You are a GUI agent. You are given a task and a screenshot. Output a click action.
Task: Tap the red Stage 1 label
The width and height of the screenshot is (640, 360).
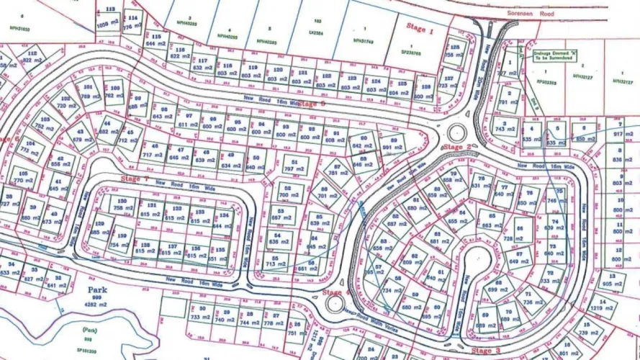pyautogui.click(x=421, y=31)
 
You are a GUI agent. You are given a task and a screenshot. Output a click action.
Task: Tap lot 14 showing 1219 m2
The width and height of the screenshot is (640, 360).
pyautogui.click(x=601, y=307)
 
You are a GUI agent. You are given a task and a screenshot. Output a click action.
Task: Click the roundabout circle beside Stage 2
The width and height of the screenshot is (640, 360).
pyautogui.click(x=456, y=133)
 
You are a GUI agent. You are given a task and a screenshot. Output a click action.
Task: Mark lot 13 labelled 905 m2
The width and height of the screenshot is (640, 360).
pyautogui.click(x=612, y=279)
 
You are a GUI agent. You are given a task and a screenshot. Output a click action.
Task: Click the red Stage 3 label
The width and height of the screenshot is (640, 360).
pyautogui.click(x=487, y=351)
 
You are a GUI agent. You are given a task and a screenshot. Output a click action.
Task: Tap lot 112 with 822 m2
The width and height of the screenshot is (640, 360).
pyautogui.click(x=31, y=57)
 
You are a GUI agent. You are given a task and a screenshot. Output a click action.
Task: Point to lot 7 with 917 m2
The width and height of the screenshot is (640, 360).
pyautogui.click(x=618, y=130)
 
